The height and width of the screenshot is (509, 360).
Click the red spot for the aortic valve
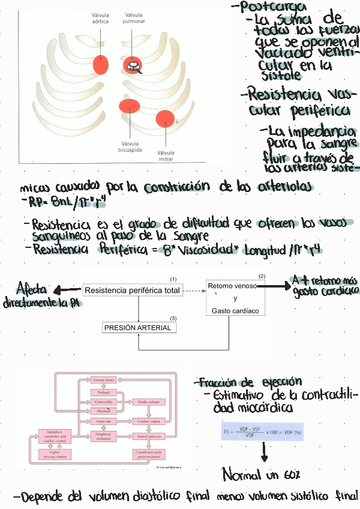coord(101,64)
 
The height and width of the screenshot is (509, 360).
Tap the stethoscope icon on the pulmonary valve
coord(133,65)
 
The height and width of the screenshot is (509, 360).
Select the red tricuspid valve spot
coord(129,107)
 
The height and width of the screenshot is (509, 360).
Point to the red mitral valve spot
coord(165,119)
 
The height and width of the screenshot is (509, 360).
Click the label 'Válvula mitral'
coord(166,155)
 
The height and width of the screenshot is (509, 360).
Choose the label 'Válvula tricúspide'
coord(130,147)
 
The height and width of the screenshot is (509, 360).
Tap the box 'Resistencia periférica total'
coord(132,291)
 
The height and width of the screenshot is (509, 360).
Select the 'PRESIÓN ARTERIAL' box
coord(138,328)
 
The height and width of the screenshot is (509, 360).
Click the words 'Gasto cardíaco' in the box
coord(235,311)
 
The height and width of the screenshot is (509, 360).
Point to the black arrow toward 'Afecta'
coord(68,291)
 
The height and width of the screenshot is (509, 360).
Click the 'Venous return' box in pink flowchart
coord(103,380)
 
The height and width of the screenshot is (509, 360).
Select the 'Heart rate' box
coord(103,421)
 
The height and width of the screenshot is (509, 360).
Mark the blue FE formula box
coord(263,431)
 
